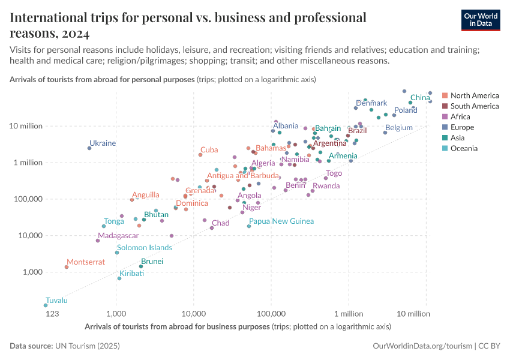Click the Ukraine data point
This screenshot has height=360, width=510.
tap(89, 148)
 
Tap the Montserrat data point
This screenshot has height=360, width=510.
tap(67, 267)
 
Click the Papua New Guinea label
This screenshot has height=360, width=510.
tap(281, 221)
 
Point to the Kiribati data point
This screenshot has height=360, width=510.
tap(119, 278)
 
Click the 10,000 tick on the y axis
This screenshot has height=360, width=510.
tap(26, 235)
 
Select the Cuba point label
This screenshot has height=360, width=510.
tap(209, 150)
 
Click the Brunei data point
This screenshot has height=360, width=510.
tap(141, 266)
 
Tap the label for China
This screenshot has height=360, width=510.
tap(420, 97)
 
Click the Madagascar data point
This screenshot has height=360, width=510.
tap(98, 241)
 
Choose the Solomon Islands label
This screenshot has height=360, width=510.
tap(144, 247)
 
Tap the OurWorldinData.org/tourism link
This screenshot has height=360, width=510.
tap(421, 346)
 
